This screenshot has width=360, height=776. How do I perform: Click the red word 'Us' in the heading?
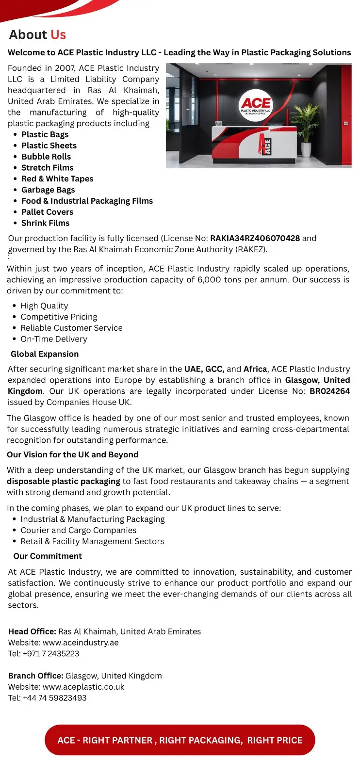click(58, 35)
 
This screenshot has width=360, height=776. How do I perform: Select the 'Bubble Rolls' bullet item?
click(46, 157)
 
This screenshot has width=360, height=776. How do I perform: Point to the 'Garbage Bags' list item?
click(48, 190)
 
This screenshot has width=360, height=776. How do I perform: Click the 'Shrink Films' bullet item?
click(45, 223)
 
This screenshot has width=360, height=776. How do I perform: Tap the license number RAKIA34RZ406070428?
click(255, 238)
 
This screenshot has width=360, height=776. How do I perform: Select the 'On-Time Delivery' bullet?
click(54, 339)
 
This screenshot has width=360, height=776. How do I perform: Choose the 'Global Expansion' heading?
click(45, 354)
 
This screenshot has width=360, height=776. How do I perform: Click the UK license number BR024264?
click(329, 391)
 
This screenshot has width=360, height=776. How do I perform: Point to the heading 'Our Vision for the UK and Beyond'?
click(72, 455)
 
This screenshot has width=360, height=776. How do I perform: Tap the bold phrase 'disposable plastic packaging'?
click(64, 482)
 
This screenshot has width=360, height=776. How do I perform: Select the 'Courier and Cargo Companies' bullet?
click(78, 531)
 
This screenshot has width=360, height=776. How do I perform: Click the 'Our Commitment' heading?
click(48, 556)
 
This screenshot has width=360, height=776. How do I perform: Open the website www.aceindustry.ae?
click(81, 643)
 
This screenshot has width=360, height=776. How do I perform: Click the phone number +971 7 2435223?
click(51, 654)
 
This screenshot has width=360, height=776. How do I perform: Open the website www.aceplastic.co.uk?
click(83, 687)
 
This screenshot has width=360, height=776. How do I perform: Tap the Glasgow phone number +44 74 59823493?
click(54, 698)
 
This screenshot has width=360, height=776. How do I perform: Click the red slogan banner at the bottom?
click(180, 740)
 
